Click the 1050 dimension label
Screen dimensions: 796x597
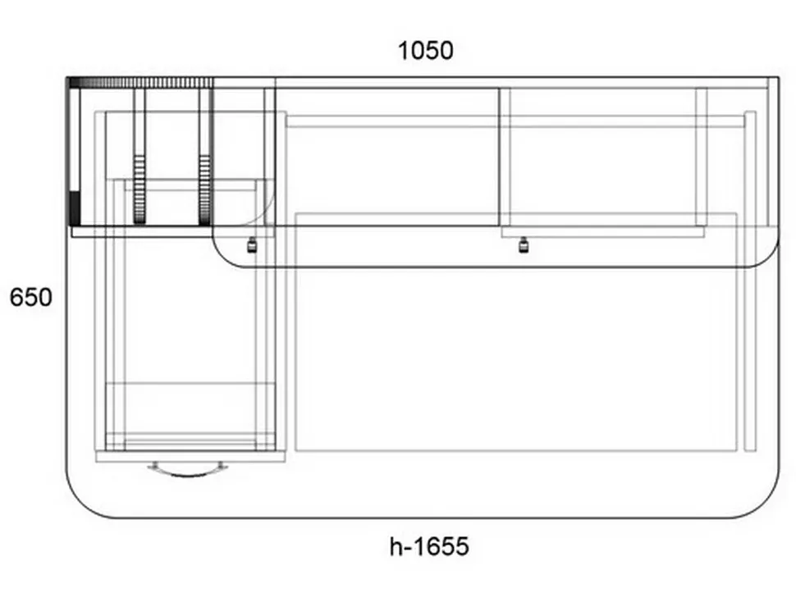[425, 51]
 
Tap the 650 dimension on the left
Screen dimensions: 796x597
[31, 297]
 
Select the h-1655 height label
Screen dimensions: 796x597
[429, 547]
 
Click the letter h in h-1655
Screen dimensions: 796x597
[396, 547]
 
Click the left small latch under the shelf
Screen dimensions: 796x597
[251, 245]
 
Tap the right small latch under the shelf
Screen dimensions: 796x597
[524, 245]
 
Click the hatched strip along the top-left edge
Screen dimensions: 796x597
[140, 83]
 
